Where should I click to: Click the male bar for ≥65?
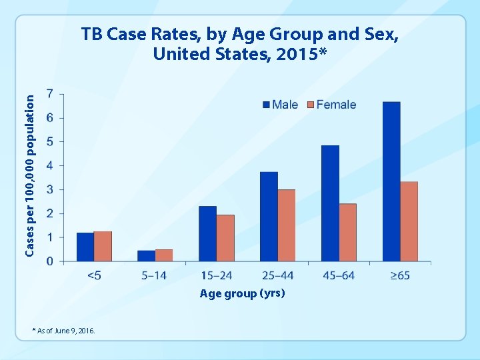pos(391,181)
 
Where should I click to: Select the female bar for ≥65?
pos(409,221)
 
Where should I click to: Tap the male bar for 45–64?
pos(330,203)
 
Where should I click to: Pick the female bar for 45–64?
pos(347,232)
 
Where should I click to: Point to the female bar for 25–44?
pos(286,225)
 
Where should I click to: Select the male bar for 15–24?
pos(207,233)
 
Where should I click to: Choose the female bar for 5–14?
pos(164,255)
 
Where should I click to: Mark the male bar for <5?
pos(85,247)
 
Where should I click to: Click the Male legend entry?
pos(281,105)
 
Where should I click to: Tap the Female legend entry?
pos(331,105)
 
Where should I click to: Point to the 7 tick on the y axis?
pos(51,94)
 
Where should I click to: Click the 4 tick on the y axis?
pos(51,165)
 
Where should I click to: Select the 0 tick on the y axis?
pos(51,261)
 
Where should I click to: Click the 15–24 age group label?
pos(216,275)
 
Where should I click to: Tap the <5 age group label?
pos(94,275)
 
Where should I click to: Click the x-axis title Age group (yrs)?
pos(242,293)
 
